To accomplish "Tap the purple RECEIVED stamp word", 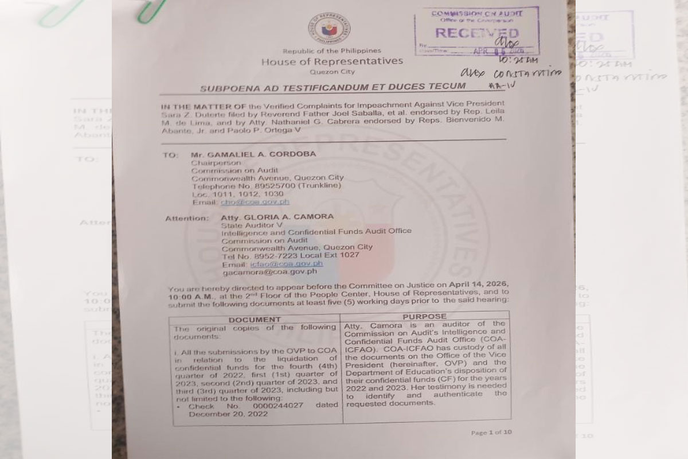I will click(476, 33).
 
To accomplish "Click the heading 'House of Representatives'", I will click(332, 61).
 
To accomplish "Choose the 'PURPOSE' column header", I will click(424, 316).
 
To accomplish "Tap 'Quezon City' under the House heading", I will click(332, 72).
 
